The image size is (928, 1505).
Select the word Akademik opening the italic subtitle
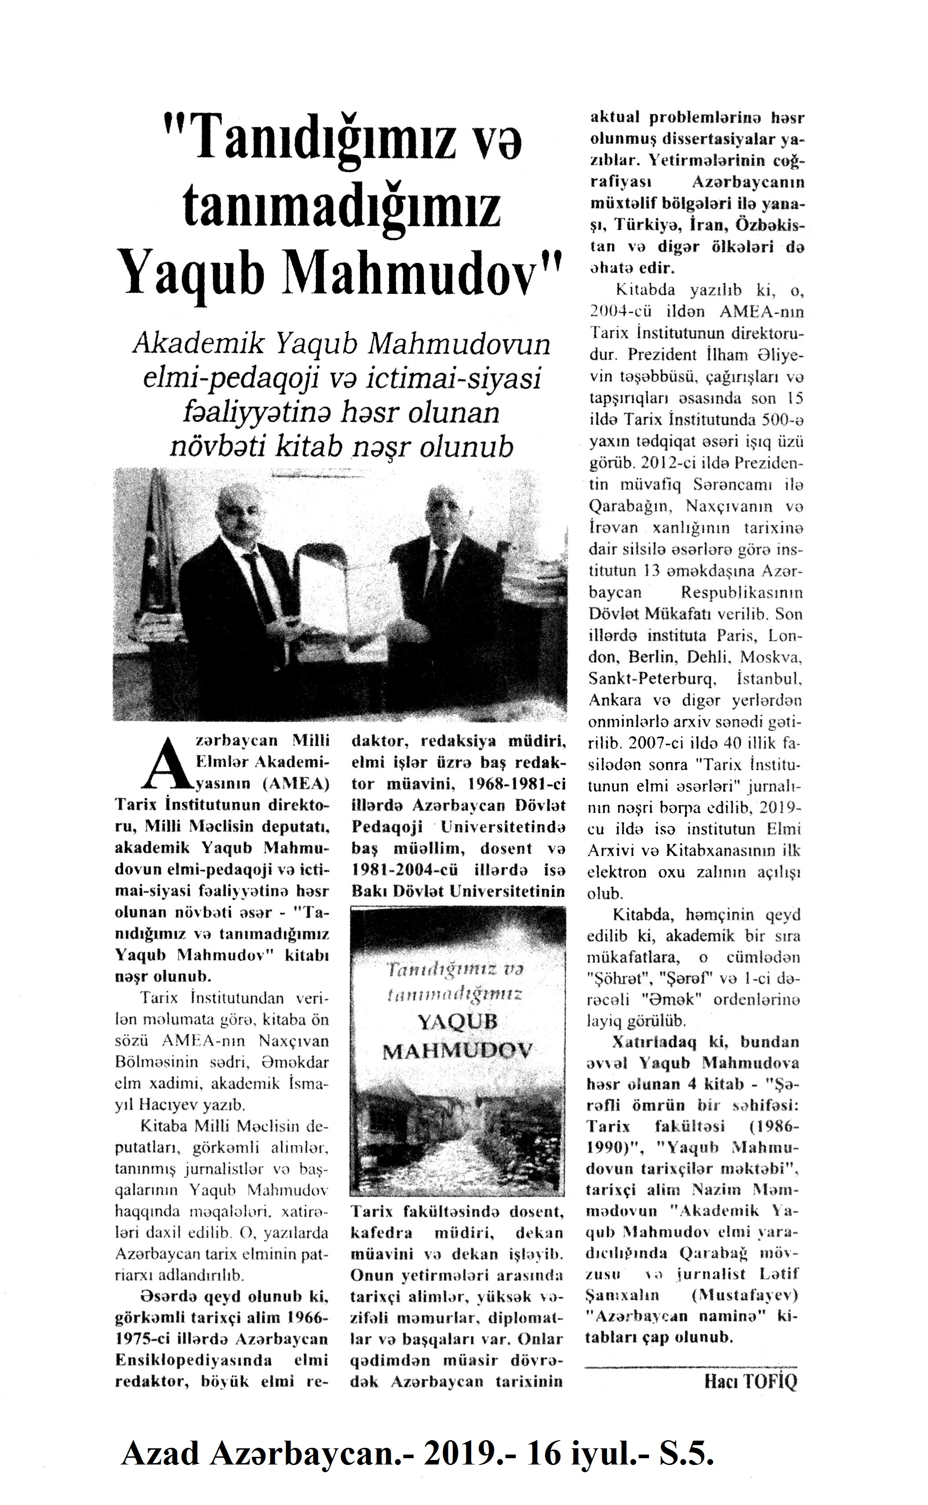[x=196, y=346]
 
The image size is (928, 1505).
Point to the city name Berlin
[x=650, y=658]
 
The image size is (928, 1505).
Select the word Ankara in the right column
[x=606, y=700]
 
